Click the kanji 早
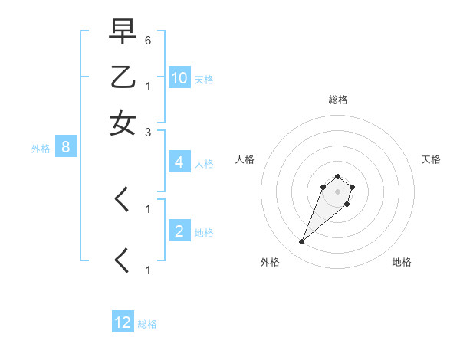tap(123, 33)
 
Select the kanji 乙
tap(123, 78)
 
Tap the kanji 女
tap(123, 123)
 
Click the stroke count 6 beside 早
tap(148, 39)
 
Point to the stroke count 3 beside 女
tap(148, 132)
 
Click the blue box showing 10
tap(179, 77)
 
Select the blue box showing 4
tap(179, 162)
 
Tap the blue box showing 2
tap(179, 231)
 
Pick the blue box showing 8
tap(66, 148)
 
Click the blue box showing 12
tap(123, 322)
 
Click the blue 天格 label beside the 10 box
tap(204, 79)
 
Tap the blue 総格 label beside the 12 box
tap(147, 324)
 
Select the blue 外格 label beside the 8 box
tap(41, 149)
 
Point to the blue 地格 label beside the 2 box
tap(204, 233)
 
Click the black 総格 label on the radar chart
tap(337, 100)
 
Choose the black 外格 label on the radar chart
tap(270, 262)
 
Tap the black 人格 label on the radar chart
tap(245, 159)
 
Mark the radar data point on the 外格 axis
tap(302, 242)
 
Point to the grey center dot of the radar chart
tap(337, 191)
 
